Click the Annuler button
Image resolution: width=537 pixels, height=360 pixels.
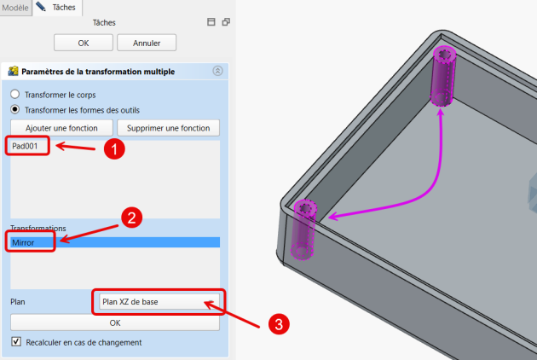click(x=147, y=43)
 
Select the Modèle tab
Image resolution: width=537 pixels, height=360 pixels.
click(x=15, y=8)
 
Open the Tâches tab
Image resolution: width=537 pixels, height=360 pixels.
click(x=58, y=7)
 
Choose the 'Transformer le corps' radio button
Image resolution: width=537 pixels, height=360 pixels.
click(x=15, y=95)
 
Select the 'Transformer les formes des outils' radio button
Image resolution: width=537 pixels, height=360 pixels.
click(x=15, y=110)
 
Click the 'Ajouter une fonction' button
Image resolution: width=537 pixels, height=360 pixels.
click(x=61, y=128)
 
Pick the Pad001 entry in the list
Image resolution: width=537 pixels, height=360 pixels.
click(x=25, y=146)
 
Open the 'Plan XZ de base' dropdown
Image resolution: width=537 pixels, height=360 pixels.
click(x=159, y=302)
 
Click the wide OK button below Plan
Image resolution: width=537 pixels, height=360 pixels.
click(x=115, y=322)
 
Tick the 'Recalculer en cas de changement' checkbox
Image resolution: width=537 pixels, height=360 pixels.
click(x=16, y=342)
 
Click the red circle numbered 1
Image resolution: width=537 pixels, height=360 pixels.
click(x=114, y=149)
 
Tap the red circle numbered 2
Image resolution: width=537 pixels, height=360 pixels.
click(x=132, y=218)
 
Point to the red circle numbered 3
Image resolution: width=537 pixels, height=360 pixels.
click(x=279, y=324)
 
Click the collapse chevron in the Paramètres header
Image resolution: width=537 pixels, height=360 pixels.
click(x=218, y=71)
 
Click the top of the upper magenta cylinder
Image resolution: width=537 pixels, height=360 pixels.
click(x=445, y=55)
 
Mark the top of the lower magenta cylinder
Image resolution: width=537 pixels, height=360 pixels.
click(x=305, y=208)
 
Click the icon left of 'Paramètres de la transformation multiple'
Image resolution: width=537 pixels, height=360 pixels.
click(x=13, y=71)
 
